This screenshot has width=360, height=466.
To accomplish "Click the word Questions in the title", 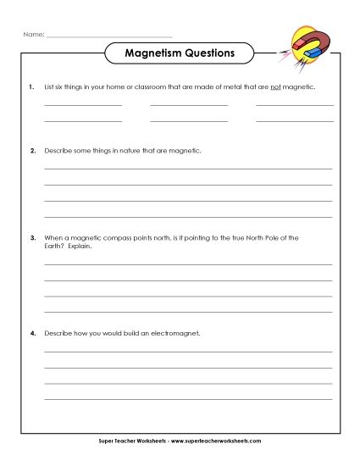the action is (206, 53).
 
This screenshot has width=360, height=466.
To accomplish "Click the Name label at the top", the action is (31, 34).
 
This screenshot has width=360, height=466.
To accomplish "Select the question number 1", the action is (31, 86).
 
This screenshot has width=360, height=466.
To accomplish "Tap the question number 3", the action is (31, 237).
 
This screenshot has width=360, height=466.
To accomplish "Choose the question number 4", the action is (31, 333).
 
